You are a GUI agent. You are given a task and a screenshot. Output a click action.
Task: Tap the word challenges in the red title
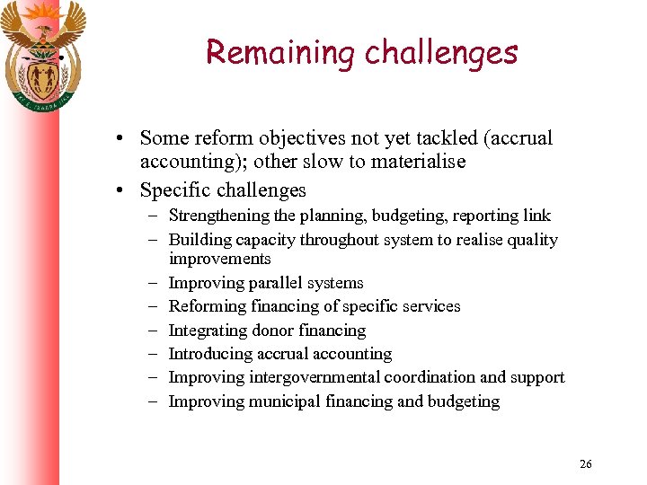441,52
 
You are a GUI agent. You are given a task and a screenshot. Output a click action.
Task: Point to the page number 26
586,463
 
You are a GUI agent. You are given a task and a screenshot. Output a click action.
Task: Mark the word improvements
219,259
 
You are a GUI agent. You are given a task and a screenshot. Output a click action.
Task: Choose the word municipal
279,401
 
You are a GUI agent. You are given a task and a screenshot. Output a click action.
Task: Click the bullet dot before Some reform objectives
119,139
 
